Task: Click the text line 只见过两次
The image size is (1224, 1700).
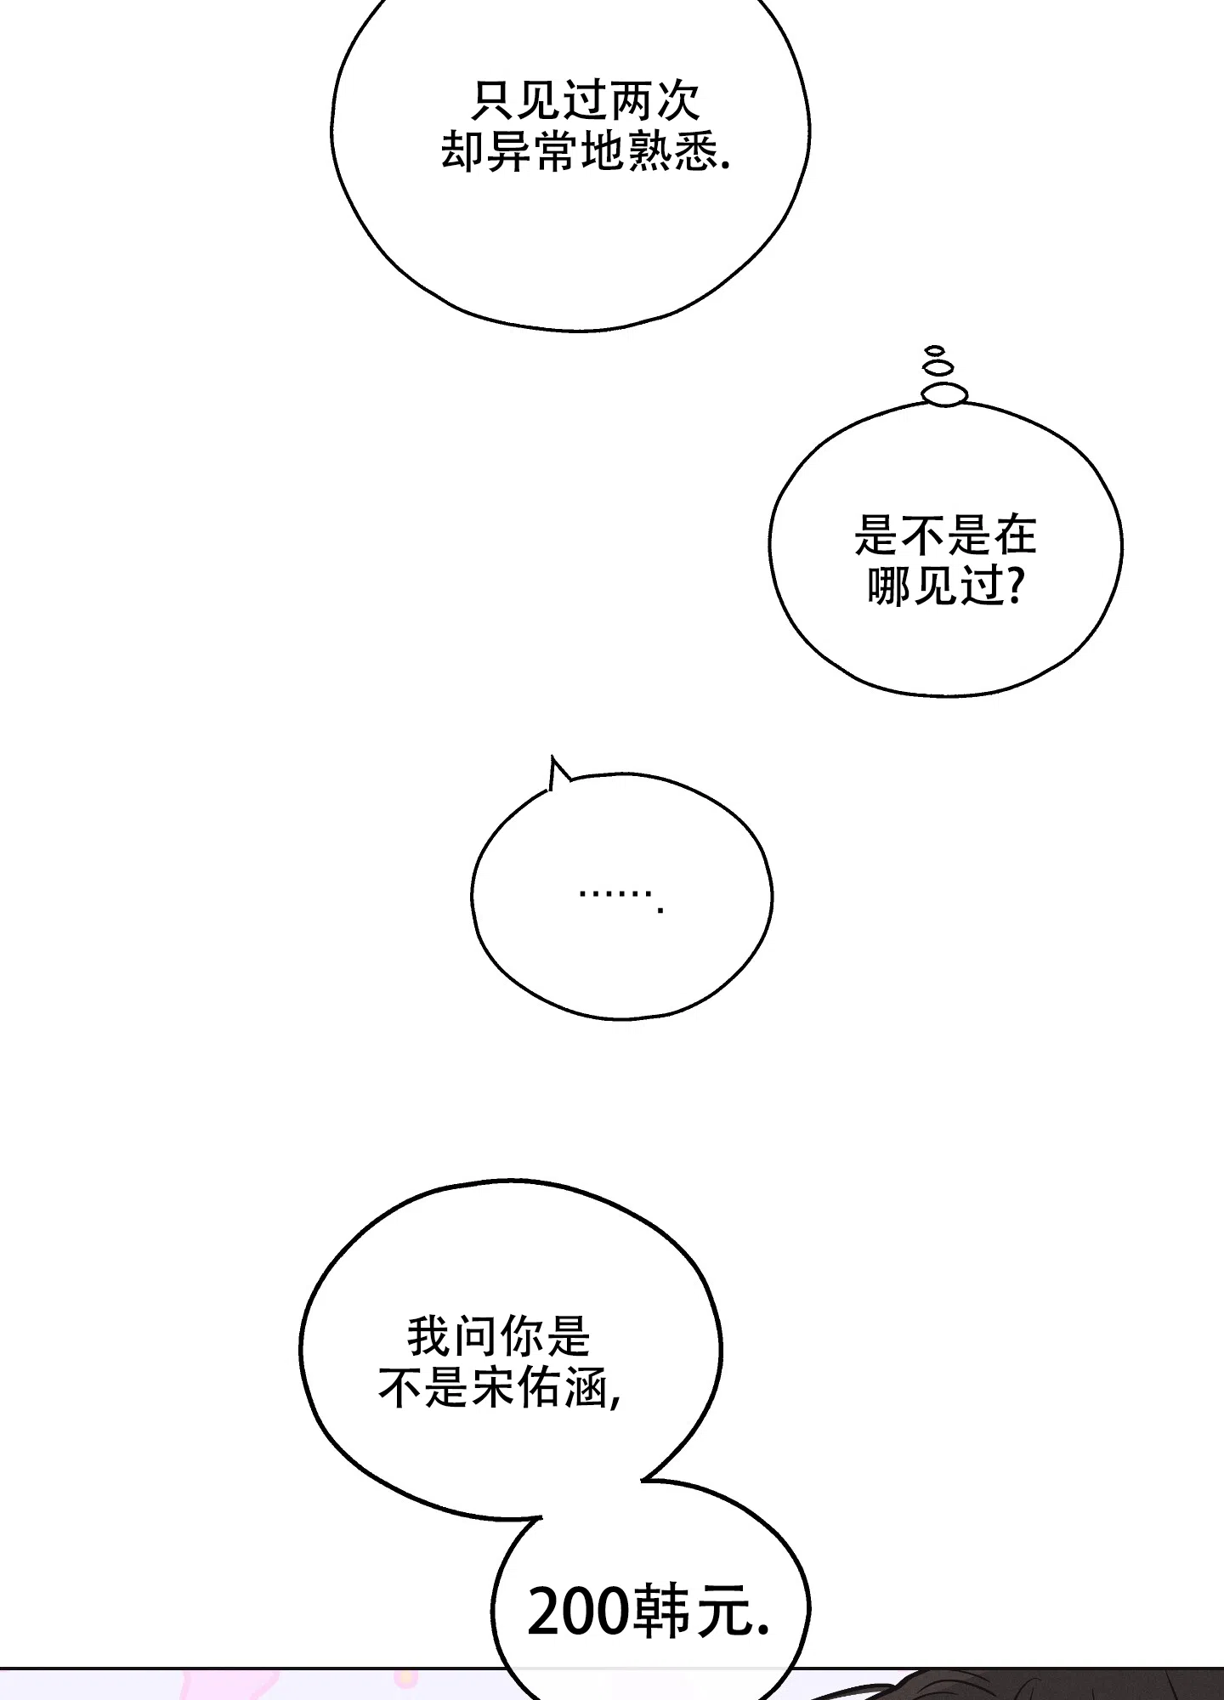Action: click(x=586, y=102)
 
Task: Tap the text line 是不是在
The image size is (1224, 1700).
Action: click(x=945, y=535)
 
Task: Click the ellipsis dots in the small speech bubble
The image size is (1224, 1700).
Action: click(x=620, y=896)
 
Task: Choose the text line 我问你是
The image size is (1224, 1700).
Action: click(x=498, y=1336)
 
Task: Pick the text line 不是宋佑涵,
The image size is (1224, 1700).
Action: click(x=500, y=1388)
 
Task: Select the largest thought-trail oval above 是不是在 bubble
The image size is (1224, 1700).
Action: click(x=944, y=393)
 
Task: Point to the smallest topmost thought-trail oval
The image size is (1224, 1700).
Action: click(x=935, y=350)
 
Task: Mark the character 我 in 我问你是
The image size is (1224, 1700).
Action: click(x=428, y=1336)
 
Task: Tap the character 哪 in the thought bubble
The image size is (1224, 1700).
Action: click(x=889, y=586)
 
